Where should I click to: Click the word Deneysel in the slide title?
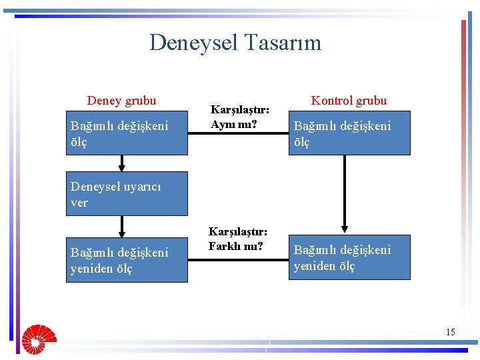194,43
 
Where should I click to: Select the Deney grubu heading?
121,101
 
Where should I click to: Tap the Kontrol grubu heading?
349,101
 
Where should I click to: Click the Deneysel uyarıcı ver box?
127,194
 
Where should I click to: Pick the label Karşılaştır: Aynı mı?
239,116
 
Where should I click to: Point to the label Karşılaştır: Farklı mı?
237,239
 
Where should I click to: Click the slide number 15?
451,332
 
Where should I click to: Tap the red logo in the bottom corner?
38,338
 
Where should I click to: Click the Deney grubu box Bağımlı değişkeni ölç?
127,133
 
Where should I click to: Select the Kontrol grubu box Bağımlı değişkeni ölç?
349,133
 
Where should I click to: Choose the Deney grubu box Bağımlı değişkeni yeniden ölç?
127,260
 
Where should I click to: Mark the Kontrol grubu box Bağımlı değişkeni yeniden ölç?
349,257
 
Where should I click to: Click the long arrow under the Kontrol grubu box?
345,193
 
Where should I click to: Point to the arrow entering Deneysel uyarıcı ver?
122,163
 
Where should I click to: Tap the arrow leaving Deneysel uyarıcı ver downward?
122,227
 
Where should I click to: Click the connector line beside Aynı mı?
238,134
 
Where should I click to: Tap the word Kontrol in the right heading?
331,101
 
